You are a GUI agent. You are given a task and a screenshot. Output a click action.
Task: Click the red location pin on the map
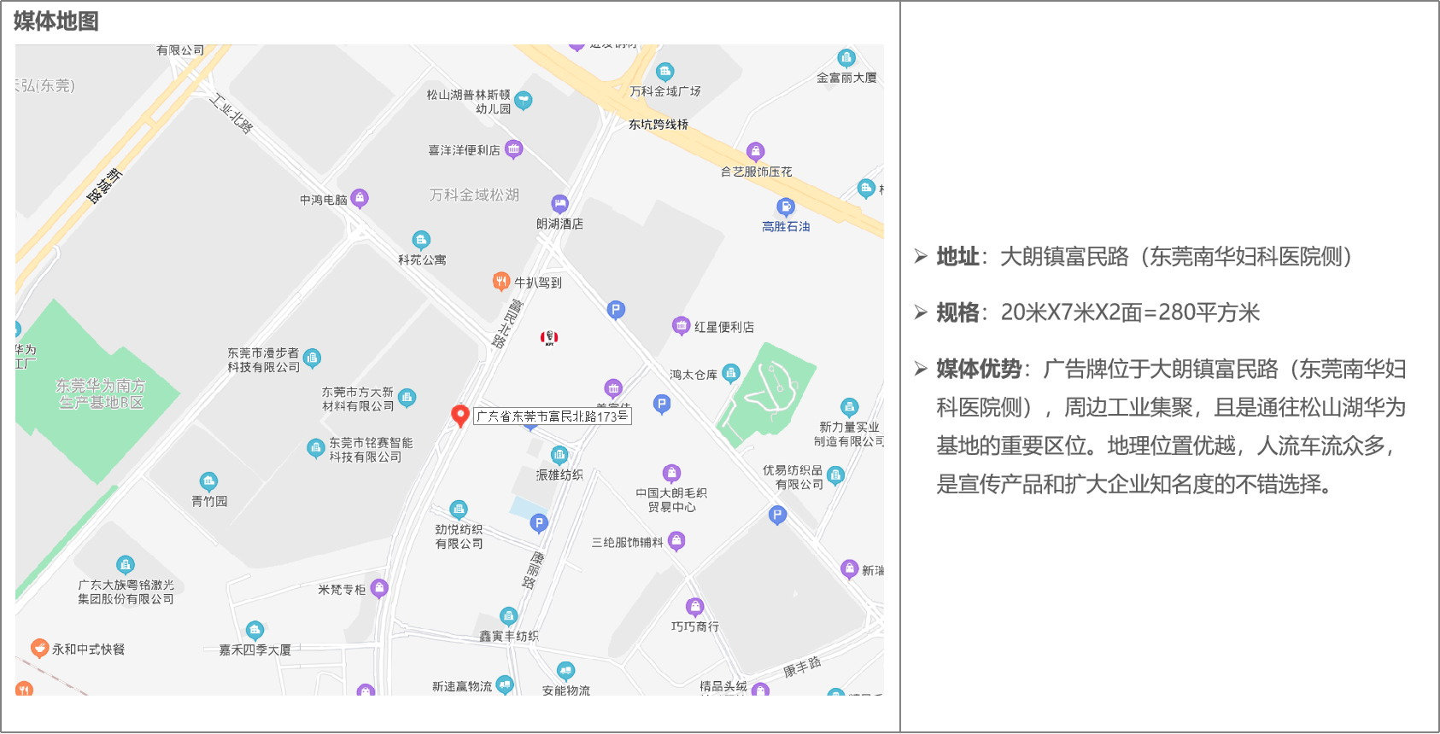coord(460,415)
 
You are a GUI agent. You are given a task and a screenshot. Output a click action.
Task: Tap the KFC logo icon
coord(549,338)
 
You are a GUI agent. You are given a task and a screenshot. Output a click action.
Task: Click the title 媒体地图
coord(56,21)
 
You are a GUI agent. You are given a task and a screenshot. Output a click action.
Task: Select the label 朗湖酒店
coord(559,224)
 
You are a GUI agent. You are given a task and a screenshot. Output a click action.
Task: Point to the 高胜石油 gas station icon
coord(785,207)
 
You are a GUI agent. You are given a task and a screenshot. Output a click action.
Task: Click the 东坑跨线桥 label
coord(659,125)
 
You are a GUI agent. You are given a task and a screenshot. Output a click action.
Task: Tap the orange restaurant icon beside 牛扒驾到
coord(501,281)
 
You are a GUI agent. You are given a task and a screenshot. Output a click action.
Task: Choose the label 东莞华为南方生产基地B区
coord(101,393)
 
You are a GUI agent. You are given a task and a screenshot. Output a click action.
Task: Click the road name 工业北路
coord(231,114)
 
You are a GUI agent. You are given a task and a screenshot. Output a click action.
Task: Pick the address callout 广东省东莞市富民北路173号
coord(552,417)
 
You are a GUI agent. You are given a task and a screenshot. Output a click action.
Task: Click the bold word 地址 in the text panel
coord(957,257)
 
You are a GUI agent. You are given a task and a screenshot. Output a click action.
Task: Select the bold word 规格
coord(957,312)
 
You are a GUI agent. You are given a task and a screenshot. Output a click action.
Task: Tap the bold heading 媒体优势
coord(979,369)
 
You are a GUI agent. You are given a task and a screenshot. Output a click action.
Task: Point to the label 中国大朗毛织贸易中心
coord(671,499)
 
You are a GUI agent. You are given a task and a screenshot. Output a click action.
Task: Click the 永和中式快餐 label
coord(88,649)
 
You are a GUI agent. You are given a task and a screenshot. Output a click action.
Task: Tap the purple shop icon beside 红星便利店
coord(681,325)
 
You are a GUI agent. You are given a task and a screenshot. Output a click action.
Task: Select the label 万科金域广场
coord(664,90)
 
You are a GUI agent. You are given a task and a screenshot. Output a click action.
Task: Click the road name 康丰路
coord(802,667)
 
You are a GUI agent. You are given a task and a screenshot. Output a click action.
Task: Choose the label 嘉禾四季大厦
coord(255,650)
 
